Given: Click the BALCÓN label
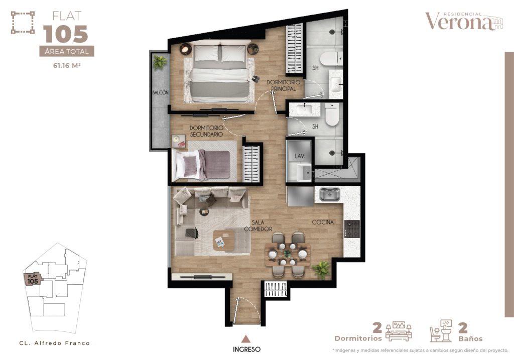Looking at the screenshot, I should (x=161, y=93).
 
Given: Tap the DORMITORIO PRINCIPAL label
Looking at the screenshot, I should (x=284, y=85).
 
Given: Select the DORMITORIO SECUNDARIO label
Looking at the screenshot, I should (x=206, y=131).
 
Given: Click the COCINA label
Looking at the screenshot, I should (x=323, y=222).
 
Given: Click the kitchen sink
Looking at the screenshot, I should (x=329, y=194).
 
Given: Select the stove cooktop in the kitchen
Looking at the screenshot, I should (x=352, y=228).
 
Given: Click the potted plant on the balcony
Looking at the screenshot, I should (x=160, y=62).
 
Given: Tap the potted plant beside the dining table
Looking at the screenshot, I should (x=321, y=270).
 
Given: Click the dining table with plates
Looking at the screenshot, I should (x=288, y=254).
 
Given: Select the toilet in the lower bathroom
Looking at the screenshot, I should (x=331, y=115).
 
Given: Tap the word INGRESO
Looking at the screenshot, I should (x=246, y=349).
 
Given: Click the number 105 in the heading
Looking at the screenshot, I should (x=66, y=34).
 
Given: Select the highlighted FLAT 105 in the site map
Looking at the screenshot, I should (x=33, y=279).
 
